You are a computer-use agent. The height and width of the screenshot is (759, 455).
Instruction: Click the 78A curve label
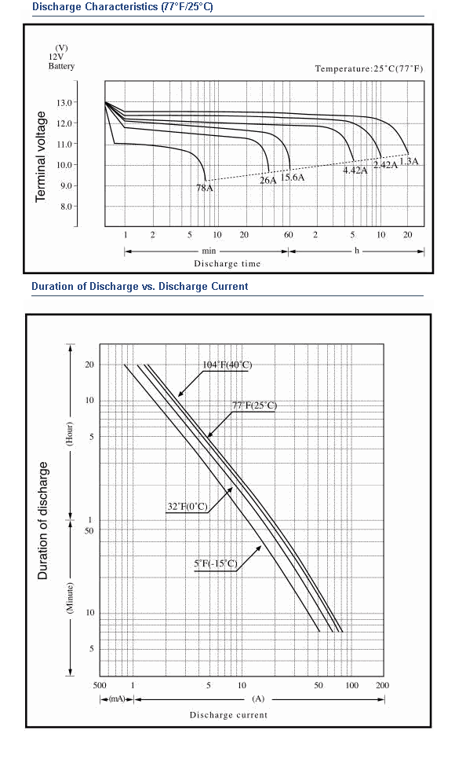(x=205, y=188)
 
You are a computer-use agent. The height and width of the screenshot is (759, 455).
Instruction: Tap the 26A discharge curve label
(x=268, y=181)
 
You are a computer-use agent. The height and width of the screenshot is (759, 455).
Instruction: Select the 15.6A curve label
(x=293, y=177)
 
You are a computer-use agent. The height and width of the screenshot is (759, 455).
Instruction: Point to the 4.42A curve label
(x=355, y=170)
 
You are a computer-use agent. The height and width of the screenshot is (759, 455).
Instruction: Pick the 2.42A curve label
(x=385, y=164)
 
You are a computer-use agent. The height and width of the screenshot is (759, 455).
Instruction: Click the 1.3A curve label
(x=409, y=161)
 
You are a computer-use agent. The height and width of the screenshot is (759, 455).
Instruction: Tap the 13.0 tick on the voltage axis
(x=64, y=103)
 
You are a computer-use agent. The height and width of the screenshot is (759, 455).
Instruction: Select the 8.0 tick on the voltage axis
(x=66, y=207)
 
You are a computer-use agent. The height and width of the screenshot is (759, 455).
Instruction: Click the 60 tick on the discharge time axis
(x=288, y=235)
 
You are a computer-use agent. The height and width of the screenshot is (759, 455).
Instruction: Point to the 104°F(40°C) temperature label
(x=227, y=365)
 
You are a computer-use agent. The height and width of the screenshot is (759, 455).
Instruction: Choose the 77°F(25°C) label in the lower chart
(x=255, y=405)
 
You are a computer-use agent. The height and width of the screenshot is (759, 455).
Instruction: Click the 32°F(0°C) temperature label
(x=187, y=507)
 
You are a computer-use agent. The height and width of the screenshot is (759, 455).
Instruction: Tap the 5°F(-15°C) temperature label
(x=216, y=563)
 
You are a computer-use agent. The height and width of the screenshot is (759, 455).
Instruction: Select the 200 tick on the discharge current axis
(x=382, y=685)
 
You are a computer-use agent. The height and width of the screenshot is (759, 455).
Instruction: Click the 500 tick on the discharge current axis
(x=99, y=685)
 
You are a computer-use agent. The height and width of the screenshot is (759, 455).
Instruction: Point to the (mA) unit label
(x=117, y=699)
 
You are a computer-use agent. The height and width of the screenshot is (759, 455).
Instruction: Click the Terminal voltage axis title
(x=41, y=156)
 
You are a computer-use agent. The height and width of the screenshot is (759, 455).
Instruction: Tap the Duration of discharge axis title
(x=43, y=520)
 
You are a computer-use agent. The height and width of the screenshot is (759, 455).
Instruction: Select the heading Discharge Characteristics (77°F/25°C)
(x=122, y=7)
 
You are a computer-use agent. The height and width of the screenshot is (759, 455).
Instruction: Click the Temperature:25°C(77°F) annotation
(x=369, y=68)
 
